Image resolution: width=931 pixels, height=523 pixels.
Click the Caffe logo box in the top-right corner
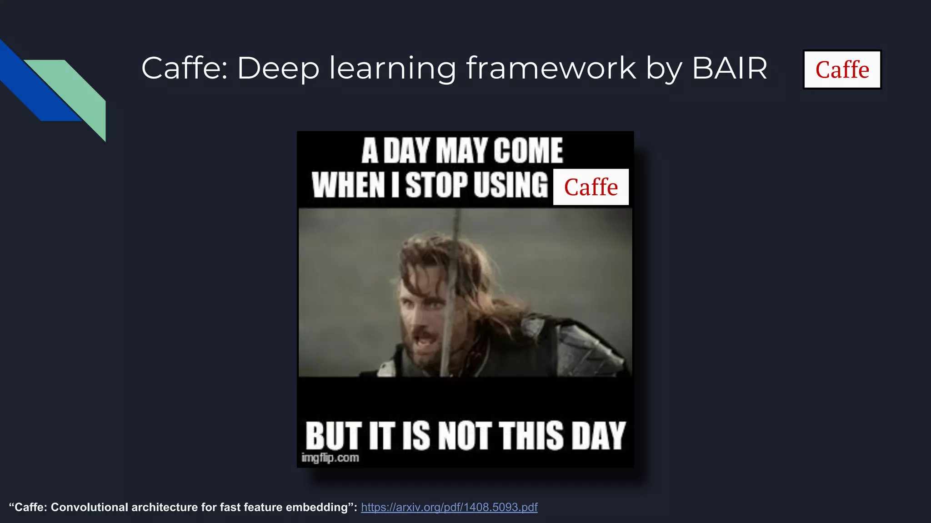pos(842,69)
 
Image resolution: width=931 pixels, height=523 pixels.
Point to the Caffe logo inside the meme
pos(591,187)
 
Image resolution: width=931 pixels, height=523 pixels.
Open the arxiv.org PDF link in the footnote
pos(449,507)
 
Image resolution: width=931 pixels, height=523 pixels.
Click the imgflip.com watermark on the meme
pos(330,458)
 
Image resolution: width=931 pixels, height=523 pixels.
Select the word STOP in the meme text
pos(436,185)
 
